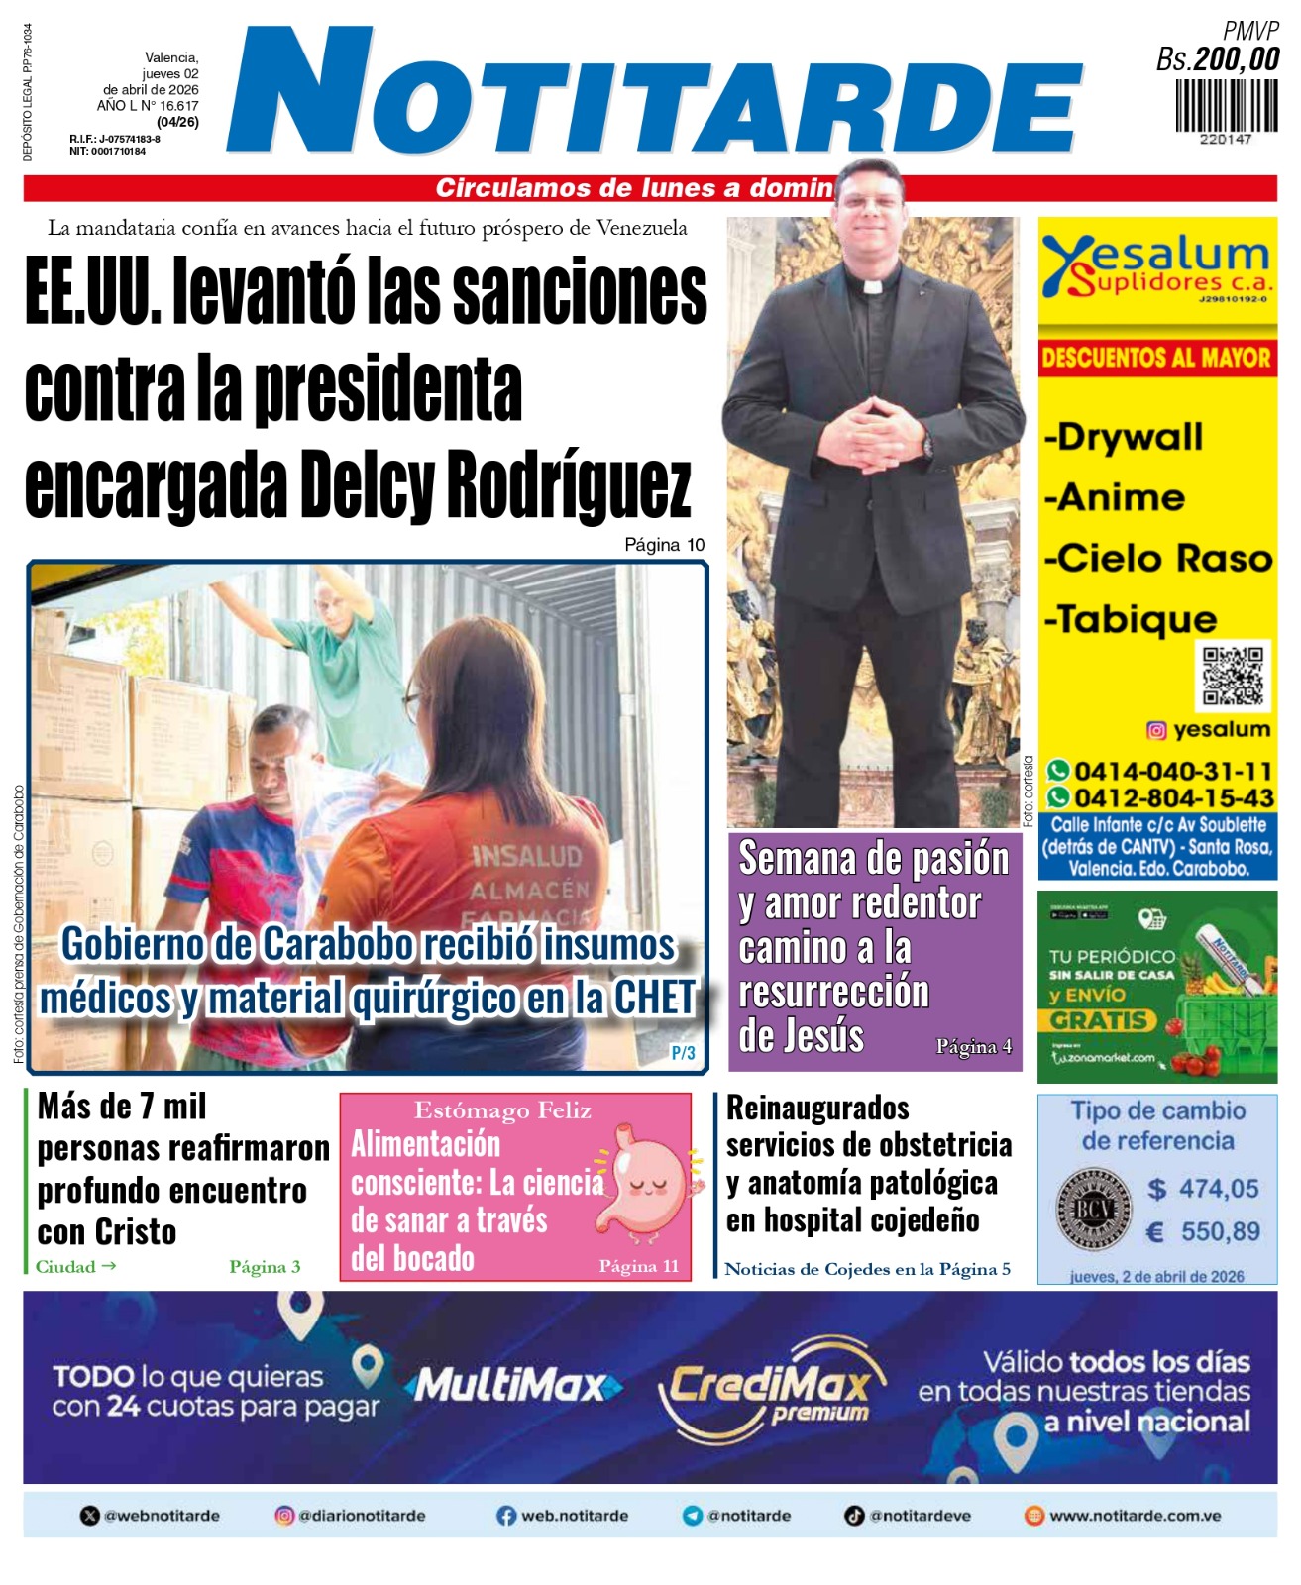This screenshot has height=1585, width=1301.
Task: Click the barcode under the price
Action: pos(1227,106)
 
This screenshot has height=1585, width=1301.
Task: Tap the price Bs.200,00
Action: pos(1218,59)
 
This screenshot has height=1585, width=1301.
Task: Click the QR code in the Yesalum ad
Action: pos(1233,676)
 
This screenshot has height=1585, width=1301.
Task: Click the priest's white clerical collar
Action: pos(871,288)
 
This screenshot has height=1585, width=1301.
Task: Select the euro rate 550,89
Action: pos(1220,1231)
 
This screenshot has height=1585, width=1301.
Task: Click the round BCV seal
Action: pos(1092,1211)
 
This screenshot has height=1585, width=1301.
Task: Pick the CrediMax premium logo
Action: pos(771,1387)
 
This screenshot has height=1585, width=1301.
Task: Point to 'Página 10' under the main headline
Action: pos(664,544)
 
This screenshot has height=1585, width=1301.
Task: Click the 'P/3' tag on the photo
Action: pos(683,1053)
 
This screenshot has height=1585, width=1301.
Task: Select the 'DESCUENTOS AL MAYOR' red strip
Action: pos(1156,358)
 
